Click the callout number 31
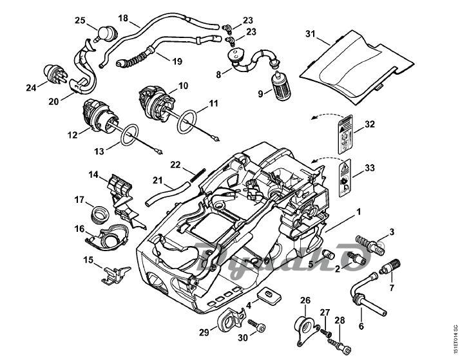pos(311,33)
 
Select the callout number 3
pos(390,231)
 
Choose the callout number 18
pos(123,17)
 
